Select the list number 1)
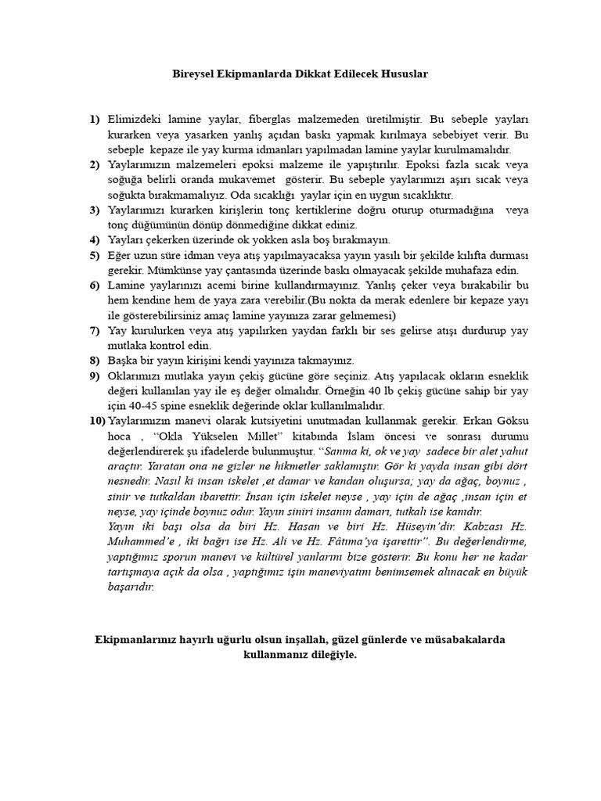coord(95,120)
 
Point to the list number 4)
coord(95,239)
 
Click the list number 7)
coord(95,330)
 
